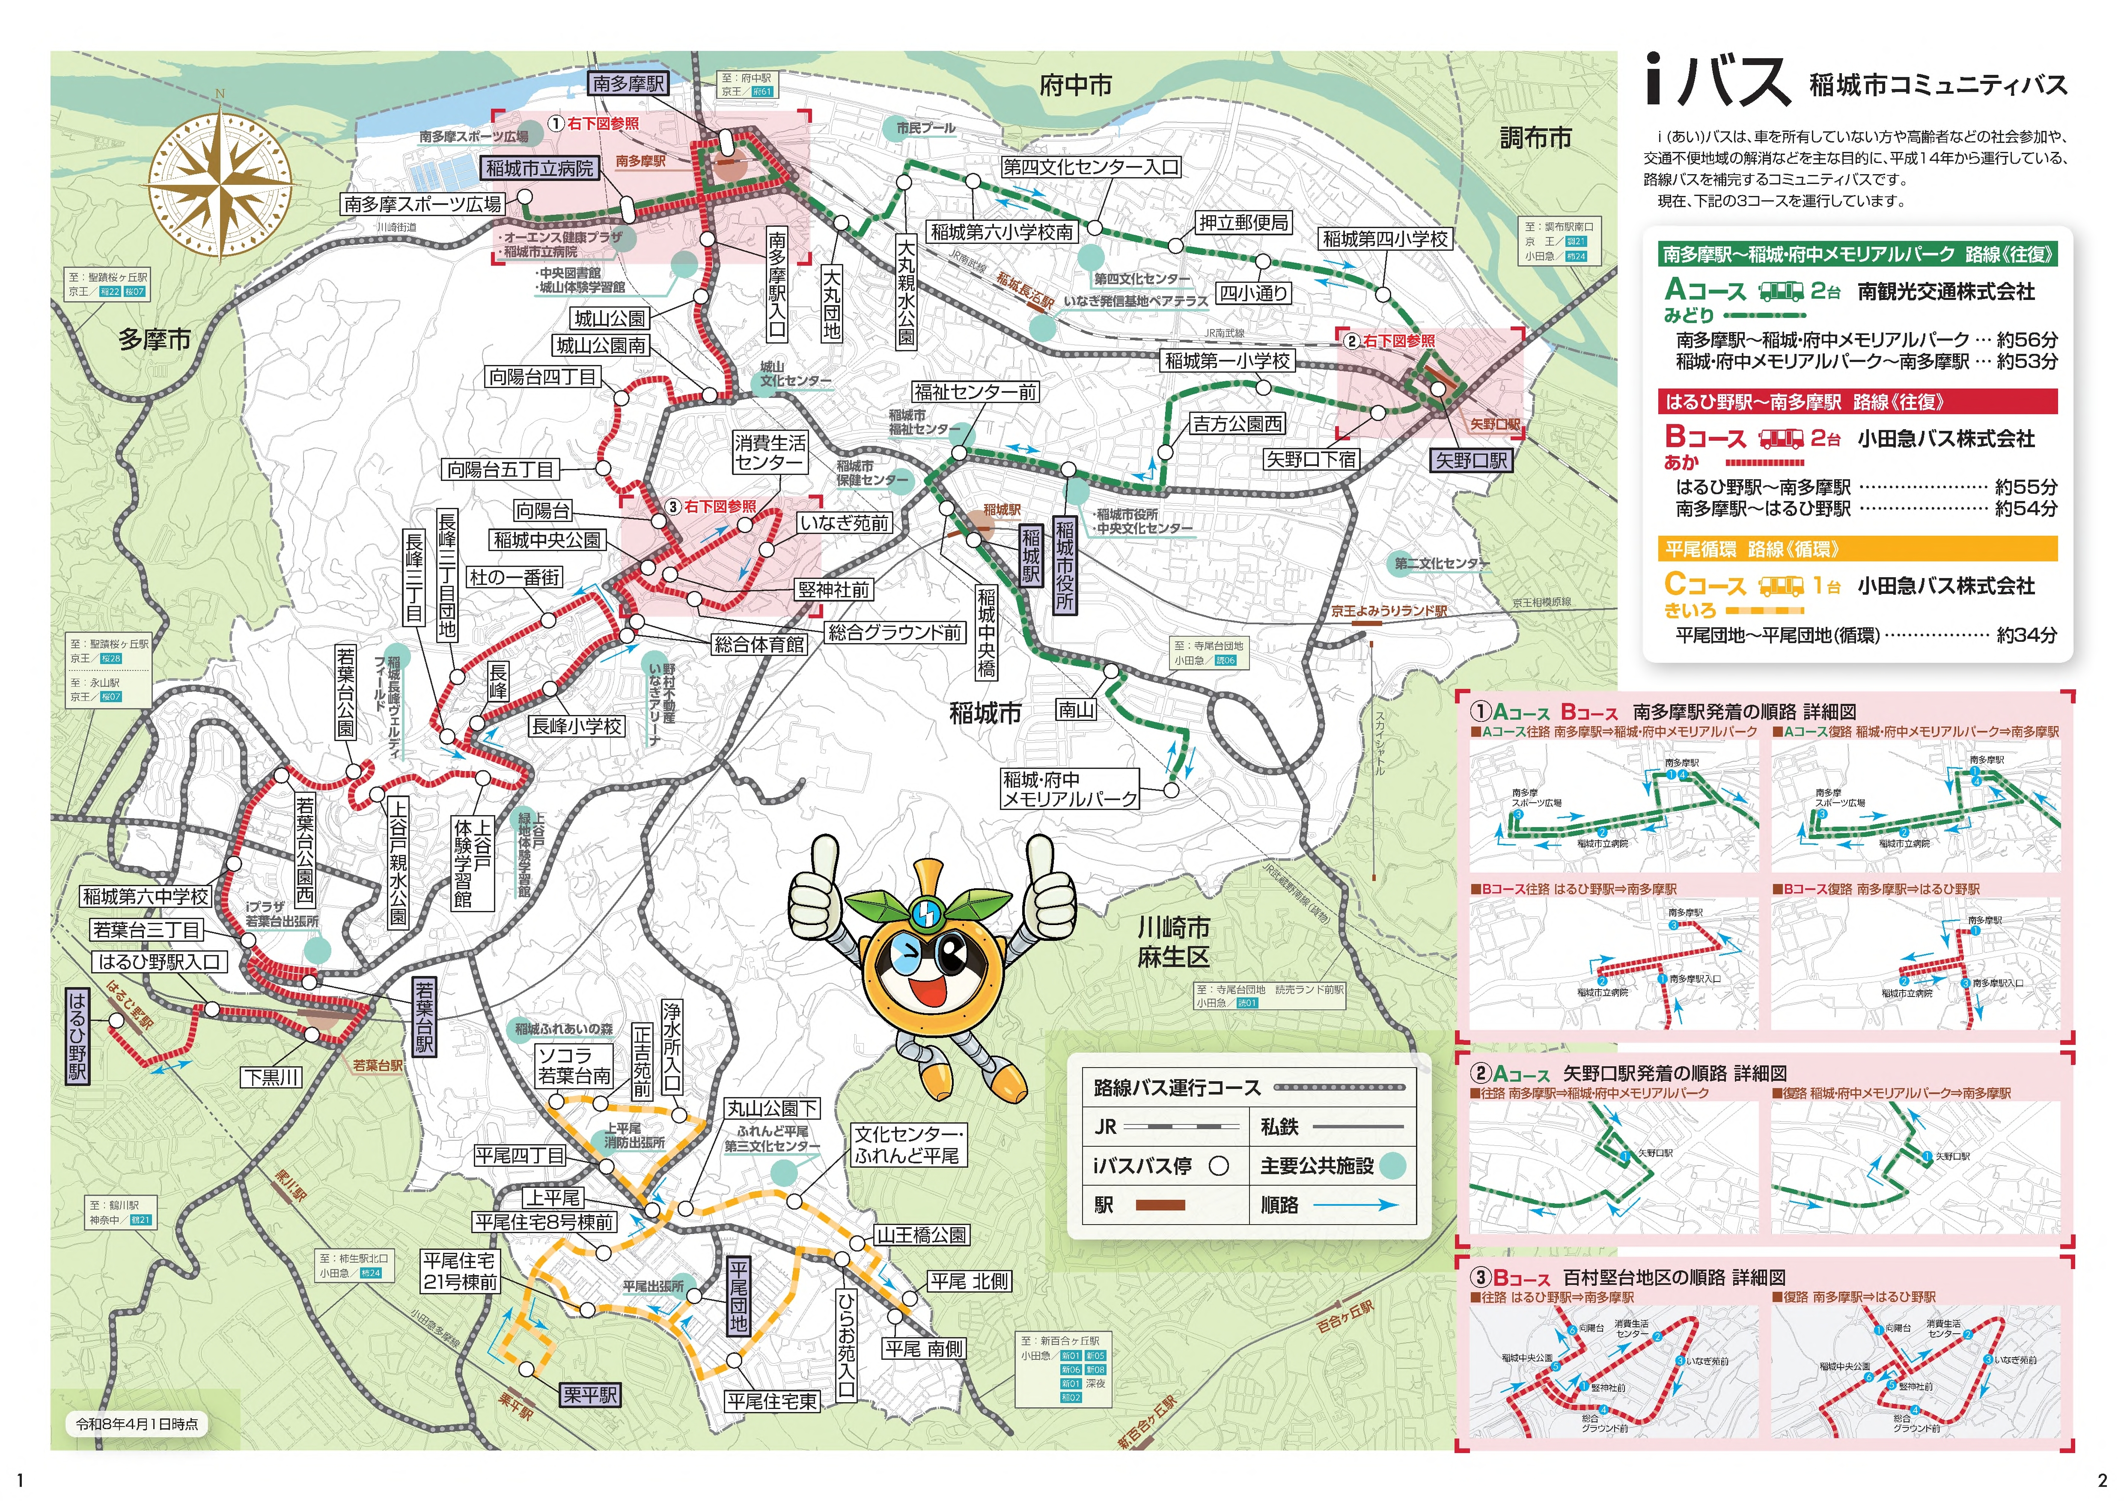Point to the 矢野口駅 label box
tap(1471, 460)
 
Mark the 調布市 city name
tap(1535, 139)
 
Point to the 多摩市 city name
tap(155, 339)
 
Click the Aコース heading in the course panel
tap(1704, 291)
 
